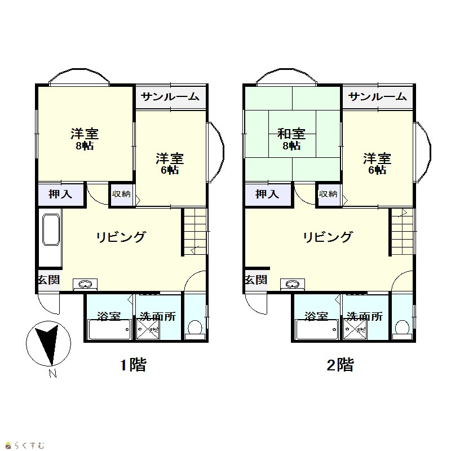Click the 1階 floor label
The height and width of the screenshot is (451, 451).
click(x=133, y=365)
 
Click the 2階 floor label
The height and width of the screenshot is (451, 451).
click(x=341, y=365)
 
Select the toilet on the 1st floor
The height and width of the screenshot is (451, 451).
click(x=195, y=330)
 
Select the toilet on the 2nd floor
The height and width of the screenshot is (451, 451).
click(x=403, y=330)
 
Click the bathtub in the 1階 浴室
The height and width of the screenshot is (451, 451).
click(x=109, y=329)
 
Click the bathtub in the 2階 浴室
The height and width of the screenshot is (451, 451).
click(x=317, y=329)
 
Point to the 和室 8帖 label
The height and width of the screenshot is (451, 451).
click(x=291, y=139)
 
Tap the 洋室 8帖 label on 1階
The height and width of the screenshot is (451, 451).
click(x=85, y=139)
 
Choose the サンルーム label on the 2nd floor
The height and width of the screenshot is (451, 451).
click(x=377, y=96)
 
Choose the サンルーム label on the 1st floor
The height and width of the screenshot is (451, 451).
click(x=170, y=96)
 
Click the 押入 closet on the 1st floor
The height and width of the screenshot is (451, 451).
click(x=61, y=194)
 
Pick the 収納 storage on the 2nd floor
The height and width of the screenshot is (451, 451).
click(x=329, y=194)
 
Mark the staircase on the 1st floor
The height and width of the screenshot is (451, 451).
click(x=194, y=232)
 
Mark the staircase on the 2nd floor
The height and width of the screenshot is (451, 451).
click(x=402, y=232)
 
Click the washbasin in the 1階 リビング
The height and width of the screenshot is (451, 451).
click(x=85, y=285)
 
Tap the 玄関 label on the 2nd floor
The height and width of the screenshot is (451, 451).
click(x=256, y=280)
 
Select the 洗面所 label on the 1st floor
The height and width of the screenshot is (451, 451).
click(x=158, y=316)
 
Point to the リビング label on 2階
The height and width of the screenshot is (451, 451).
click(x=328, y=237)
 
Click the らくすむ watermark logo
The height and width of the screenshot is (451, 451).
click(x=25, y=445)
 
